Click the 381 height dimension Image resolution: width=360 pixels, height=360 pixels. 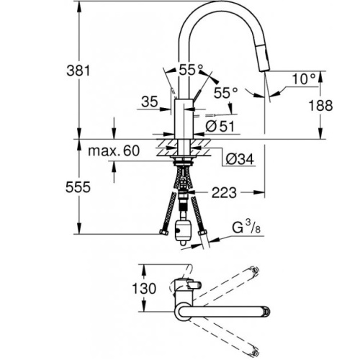tap(78, 71)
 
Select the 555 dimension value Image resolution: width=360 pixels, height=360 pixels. tap(78, 187)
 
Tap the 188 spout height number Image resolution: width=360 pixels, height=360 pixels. tap(320, 106)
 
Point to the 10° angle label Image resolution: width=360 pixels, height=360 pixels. tap(303, 78)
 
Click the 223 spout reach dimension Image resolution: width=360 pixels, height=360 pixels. tap(224, 192)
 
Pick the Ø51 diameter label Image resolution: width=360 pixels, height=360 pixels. tap(220, 126)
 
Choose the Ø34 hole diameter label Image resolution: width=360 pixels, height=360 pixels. tap(240, 158)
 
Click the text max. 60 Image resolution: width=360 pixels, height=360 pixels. tap(114, 150)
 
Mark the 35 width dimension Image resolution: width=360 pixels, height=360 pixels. tap(150, 102)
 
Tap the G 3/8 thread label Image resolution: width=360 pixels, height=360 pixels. tap(246, 228)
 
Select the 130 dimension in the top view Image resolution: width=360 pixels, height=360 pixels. tap(144, 288)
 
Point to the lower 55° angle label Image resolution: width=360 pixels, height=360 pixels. tap(226, 93)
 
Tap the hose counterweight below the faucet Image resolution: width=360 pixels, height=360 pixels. tap(184, 233)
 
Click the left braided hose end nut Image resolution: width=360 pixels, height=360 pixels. tap(164, 232)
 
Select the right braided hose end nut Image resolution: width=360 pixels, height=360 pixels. tap(202, 233)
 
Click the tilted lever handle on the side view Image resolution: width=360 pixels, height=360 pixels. tap(197, 94)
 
